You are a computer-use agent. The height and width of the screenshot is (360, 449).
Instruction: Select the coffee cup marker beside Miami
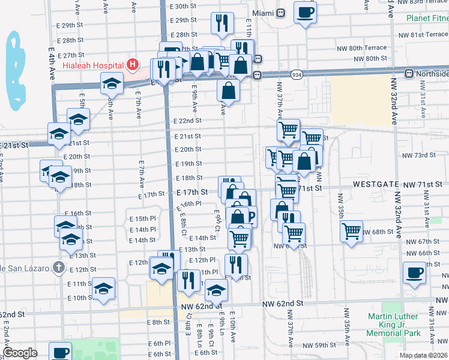tap(305, 11)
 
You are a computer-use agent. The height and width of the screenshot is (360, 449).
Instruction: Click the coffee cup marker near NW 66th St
tap(414, 273)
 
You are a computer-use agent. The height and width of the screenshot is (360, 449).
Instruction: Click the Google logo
tap(20, 353)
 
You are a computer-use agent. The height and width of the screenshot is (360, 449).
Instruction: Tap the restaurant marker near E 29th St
tap(222, 23)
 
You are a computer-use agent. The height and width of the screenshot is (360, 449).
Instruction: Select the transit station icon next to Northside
tap(409, 74)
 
